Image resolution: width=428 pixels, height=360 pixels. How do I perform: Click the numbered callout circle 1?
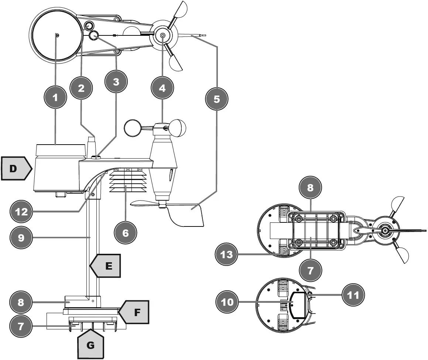tap(55, 98)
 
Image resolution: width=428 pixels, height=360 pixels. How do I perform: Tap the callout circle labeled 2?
tap(81, 88)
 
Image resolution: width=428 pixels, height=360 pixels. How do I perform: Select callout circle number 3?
tap(116, 82)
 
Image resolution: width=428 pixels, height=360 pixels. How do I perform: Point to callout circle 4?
tap(162, 88)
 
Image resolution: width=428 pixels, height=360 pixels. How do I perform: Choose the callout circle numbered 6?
tap(126, 233)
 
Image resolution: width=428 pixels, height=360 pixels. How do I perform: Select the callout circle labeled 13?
tap(227, 255)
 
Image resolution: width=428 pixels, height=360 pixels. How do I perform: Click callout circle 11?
tap(353, 295)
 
